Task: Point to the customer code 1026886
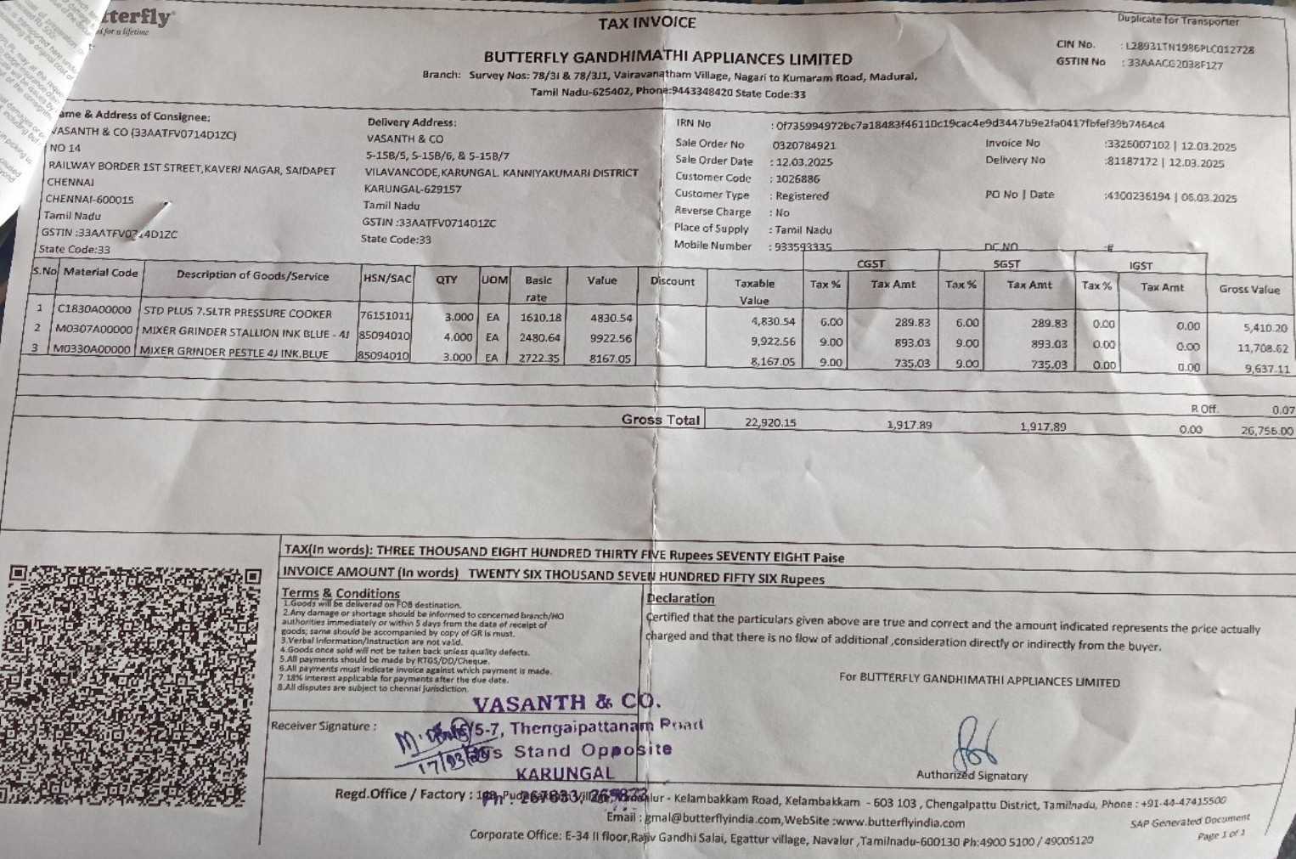(x=797, y=178)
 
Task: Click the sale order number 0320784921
(x=803, y=145)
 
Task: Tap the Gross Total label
(x=660, y=420)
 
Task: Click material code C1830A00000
(x=94, y=310)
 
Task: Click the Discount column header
(x=672, y=281)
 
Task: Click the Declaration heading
(x=680, y=598)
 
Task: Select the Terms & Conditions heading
(x=340, y=593)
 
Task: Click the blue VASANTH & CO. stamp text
(x=565, y=703)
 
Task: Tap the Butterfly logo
(x=136, y=19)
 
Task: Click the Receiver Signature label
(x=320, y=726)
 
